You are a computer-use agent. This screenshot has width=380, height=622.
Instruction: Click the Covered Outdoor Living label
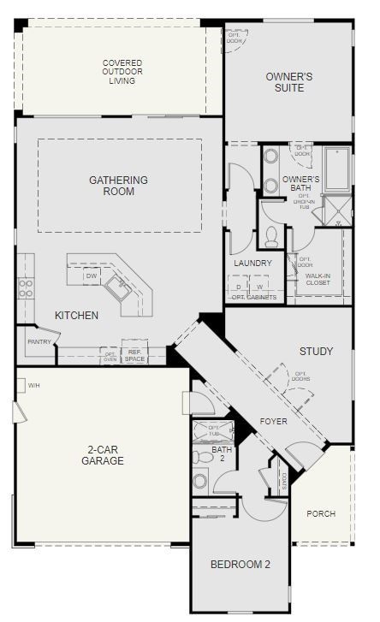tap(122, 72)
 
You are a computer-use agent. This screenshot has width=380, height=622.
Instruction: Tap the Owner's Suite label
tap(288, 82)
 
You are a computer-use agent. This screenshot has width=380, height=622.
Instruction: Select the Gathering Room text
tap(118, 186)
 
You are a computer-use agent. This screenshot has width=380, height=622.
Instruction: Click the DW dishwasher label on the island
tap(91, 276)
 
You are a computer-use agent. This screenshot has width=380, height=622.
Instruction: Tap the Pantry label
tap(39, 342)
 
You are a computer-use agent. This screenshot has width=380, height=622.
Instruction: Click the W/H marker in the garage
tap(34, 386)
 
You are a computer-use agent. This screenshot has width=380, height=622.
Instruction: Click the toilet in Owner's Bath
tap(271, 234)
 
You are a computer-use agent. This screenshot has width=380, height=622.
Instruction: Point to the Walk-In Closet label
tap(318, 279)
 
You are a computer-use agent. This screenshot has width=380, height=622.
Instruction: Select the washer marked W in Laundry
tap(260, 287)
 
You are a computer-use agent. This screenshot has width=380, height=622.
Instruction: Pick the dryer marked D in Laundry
tap(239, 287)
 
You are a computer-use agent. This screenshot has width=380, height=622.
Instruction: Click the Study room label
tap(316, 352)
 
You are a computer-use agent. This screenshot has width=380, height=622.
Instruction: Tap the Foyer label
tap(274, 421)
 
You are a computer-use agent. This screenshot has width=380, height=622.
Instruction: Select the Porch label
tap(321, 514)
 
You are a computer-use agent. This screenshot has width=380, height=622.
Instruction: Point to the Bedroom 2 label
tap(240, 565)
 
